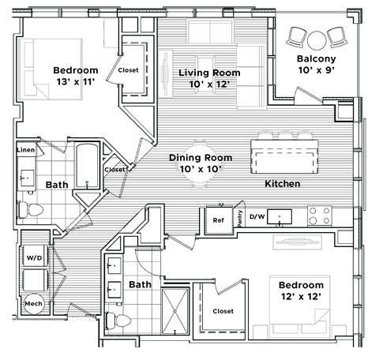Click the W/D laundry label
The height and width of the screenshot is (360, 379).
(x=34, y=257)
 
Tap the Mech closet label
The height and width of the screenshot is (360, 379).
(x=33, y=302)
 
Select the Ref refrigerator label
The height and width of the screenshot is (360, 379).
(x=218, y=220)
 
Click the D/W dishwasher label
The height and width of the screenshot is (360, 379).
(x=257, y=216)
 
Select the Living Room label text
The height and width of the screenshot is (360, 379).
(x=209, y=73)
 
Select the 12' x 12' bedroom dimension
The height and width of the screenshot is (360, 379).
(x=300, y=296)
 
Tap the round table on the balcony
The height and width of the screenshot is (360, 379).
(x=317, y=37)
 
